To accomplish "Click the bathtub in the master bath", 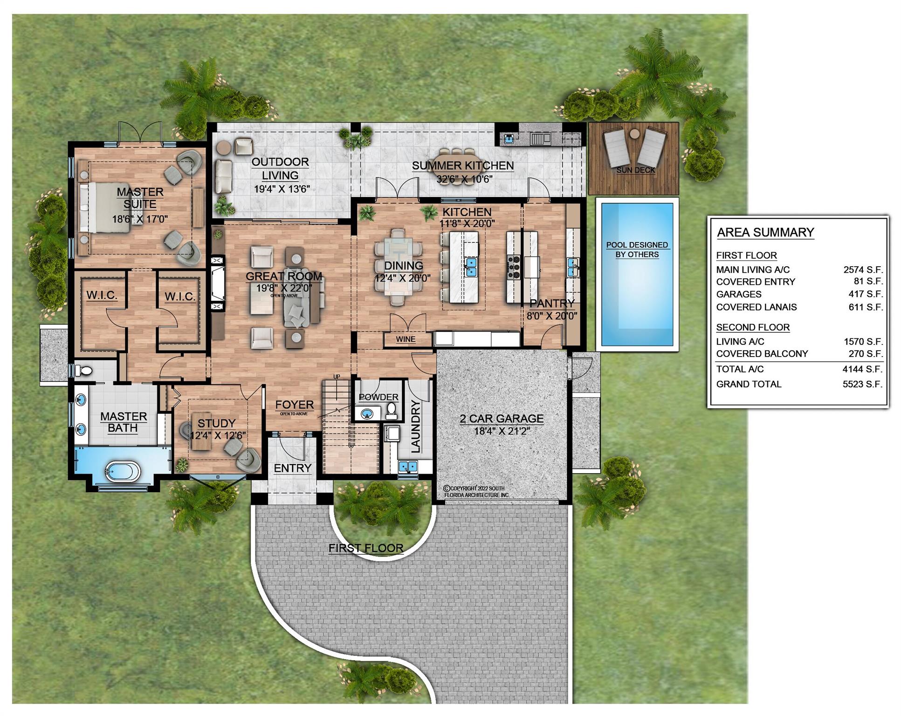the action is [122, 471].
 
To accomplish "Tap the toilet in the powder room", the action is [392, 410].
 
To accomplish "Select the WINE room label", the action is [406, 339].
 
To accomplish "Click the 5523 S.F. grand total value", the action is [862, 384].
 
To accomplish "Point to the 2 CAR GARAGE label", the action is [502, 418].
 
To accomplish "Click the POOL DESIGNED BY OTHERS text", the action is [637, 249].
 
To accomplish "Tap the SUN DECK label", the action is [636, 170].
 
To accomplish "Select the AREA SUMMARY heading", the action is [765, 232].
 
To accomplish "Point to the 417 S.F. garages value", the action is [866, 294].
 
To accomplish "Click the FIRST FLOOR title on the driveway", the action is [366, 548].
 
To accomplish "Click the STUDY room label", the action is [216, 423].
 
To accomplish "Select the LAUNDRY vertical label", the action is [415, 426].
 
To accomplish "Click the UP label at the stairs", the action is [337, 377].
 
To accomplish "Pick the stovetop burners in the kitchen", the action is [514, 267].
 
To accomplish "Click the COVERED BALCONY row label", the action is [762, 353].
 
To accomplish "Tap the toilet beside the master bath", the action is [84, 371].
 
